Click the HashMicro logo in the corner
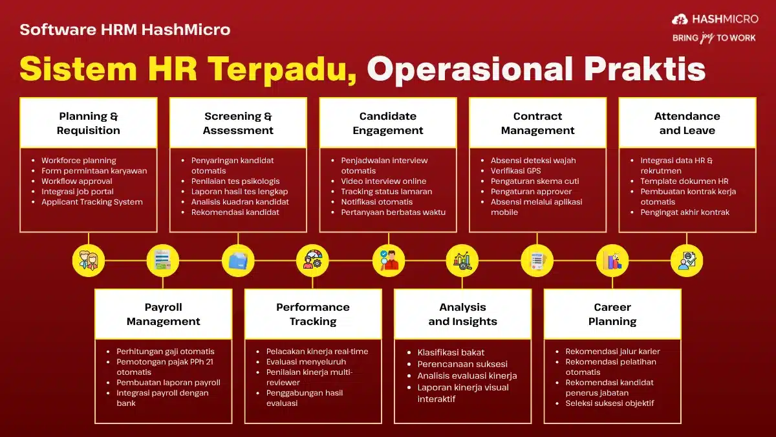(x=714, y=20)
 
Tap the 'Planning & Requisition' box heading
(x=89, y=123)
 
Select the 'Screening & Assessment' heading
(x=238, y=123)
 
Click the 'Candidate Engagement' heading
(x=388, y=123)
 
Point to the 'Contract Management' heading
(x=537, y=123)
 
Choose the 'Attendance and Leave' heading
(x=687, y=123)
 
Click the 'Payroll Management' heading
(x=163, y=314)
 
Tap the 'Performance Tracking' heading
(x=313, y=314)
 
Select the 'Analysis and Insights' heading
(x=462, y=314)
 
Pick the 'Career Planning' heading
(x=612, y=314)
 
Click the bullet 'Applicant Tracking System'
(x=92, y=202)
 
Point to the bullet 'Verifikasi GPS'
(x=515, y=171)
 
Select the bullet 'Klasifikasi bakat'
(x=451, y=353)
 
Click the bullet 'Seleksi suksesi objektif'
(x=609, y=403)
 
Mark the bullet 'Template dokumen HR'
(x=684, y=181)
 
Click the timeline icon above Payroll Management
(x=162, y=261)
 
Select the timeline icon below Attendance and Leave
(x=687, y=261)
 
